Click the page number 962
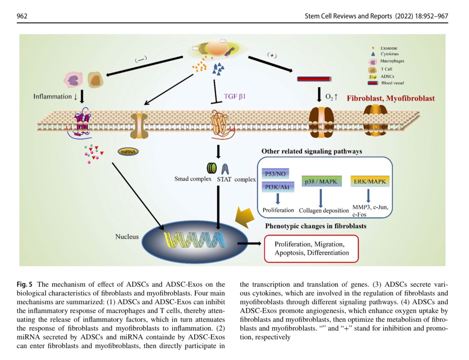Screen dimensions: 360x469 (22, 16)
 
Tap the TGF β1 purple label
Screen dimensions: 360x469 (234, 96)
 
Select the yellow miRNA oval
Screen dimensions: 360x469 (128, 151)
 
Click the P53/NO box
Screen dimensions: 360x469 (275, 174)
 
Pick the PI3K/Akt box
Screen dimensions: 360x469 (277, 187)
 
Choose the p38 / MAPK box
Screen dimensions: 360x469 (321, 181)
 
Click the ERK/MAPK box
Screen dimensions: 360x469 (370, 181)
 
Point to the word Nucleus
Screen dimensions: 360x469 (127, 237)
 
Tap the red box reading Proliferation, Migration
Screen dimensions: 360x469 (311, 249)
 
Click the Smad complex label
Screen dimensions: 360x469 (193, 179)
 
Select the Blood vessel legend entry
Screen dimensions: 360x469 (392, 83)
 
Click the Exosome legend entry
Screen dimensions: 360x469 (388, 48)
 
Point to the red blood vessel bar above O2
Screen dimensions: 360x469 (314, 79)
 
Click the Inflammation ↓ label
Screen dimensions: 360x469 (55, 96)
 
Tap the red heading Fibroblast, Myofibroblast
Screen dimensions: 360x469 (390, 98)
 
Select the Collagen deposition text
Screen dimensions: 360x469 (324, 211)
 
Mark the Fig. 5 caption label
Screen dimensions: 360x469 (24, 284)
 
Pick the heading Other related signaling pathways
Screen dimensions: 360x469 (312, 151)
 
